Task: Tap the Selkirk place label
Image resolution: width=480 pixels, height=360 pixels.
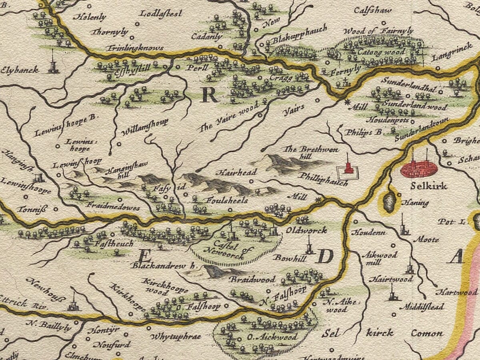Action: click(x=428, y=186)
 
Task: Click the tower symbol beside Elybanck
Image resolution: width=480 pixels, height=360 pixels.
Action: click(x=53, y=64)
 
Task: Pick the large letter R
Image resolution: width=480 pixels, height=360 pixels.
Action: click(x=209, y=95)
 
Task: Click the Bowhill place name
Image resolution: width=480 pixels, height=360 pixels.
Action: click(x=290, y=258)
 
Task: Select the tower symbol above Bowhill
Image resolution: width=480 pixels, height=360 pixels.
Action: click(x=309, y=246)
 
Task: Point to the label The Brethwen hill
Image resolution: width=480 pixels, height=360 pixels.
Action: click(x=310, y=152)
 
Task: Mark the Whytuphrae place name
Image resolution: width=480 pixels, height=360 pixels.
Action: click(x=176, y=336)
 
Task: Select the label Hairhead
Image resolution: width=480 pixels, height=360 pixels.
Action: click(x=236, y=173)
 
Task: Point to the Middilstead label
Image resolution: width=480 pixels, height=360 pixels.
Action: click(x=424, y=307)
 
